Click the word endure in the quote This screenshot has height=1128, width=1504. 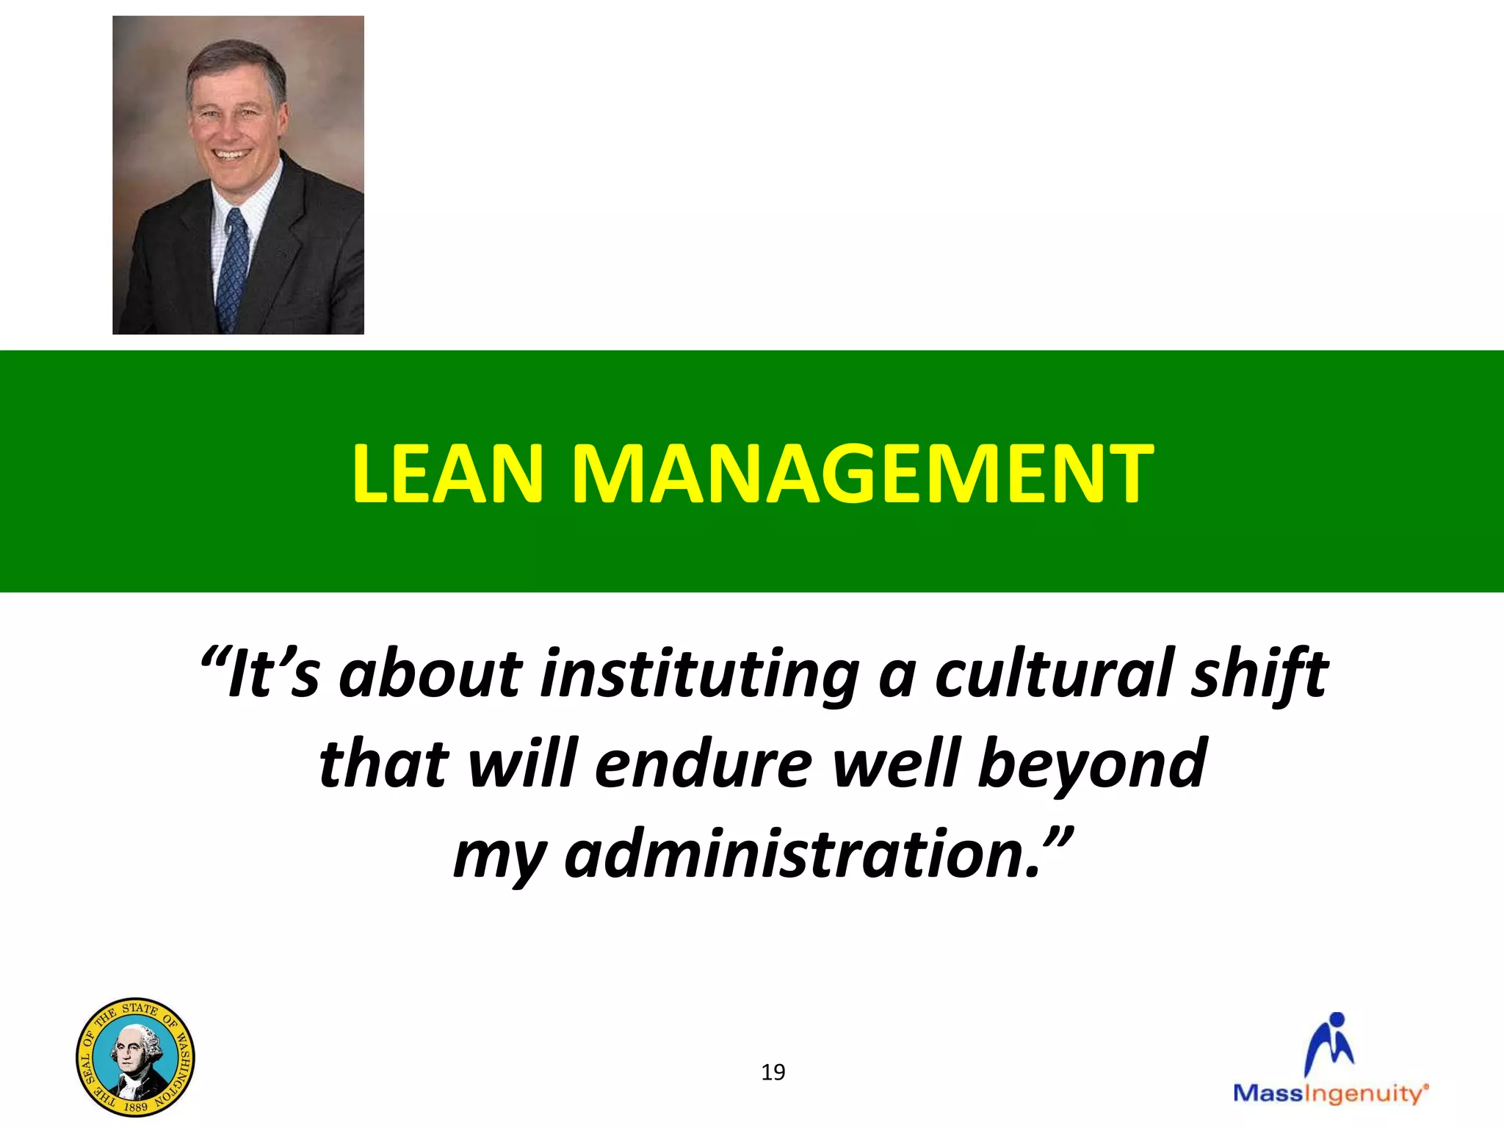pos(703,764)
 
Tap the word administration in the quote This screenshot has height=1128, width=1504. pos(803,854)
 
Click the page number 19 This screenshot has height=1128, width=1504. pos(773,1073)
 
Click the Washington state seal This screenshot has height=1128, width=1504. pos(135,1057)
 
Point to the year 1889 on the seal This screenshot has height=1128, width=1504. pos(135,1106)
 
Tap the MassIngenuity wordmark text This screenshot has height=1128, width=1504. pos(1330,1093)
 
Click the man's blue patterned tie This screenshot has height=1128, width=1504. pos(233,269)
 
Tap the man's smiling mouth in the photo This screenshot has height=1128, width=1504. pos(231,155)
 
